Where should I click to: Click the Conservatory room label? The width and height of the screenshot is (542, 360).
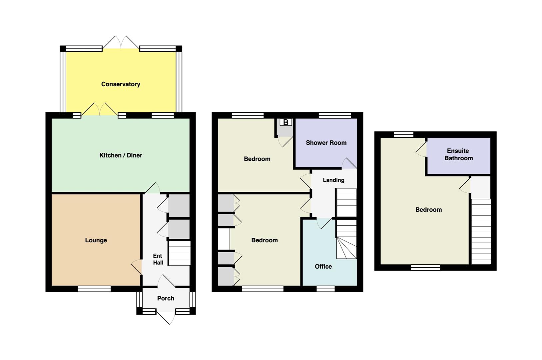click(x=121, y=84)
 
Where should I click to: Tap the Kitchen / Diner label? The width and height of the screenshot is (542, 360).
click(x=121, y=155)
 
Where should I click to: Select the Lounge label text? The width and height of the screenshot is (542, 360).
click(x=96, y=240)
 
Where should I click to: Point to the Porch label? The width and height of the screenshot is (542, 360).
click(x=166, y=298)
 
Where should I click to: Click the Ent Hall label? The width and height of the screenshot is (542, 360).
click(x=158, y=259)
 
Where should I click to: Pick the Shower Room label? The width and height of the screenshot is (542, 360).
click(x=326, y=143)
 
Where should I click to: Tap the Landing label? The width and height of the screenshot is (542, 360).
click(x=334, y=180)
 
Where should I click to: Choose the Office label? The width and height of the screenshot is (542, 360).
click(x=323, y=267)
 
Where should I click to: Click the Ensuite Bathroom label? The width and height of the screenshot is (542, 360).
click(x=458, y=154)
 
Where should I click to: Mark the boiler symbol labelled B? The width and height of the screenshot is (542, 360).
click(x=286, y=122)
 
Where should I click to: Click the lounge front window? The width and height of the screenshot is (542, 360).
click(x=94, y=289)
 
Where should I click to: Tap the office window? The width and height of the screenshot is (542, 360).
click(x=326, y=289)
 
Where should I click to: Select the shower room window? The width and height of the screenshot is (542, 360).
click(x=335, y=115)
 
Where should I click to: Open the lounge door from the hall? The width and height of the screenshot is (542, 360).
click(x=136, y=267)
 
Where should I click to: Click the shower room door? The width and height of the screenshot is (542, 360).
click(x=349, y=163)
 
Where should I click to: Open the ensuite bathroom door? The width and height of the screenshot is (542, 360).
click(x=421, y=149)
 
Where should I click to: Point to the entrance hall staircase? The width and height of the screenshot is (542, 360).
click(x=179, y=253)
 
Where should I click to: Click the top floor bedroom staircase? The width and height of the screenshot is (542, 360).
click(x=481, y=231)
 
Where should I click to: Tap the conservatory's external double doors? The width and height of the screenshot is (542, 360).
click(x=121, y=43)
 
